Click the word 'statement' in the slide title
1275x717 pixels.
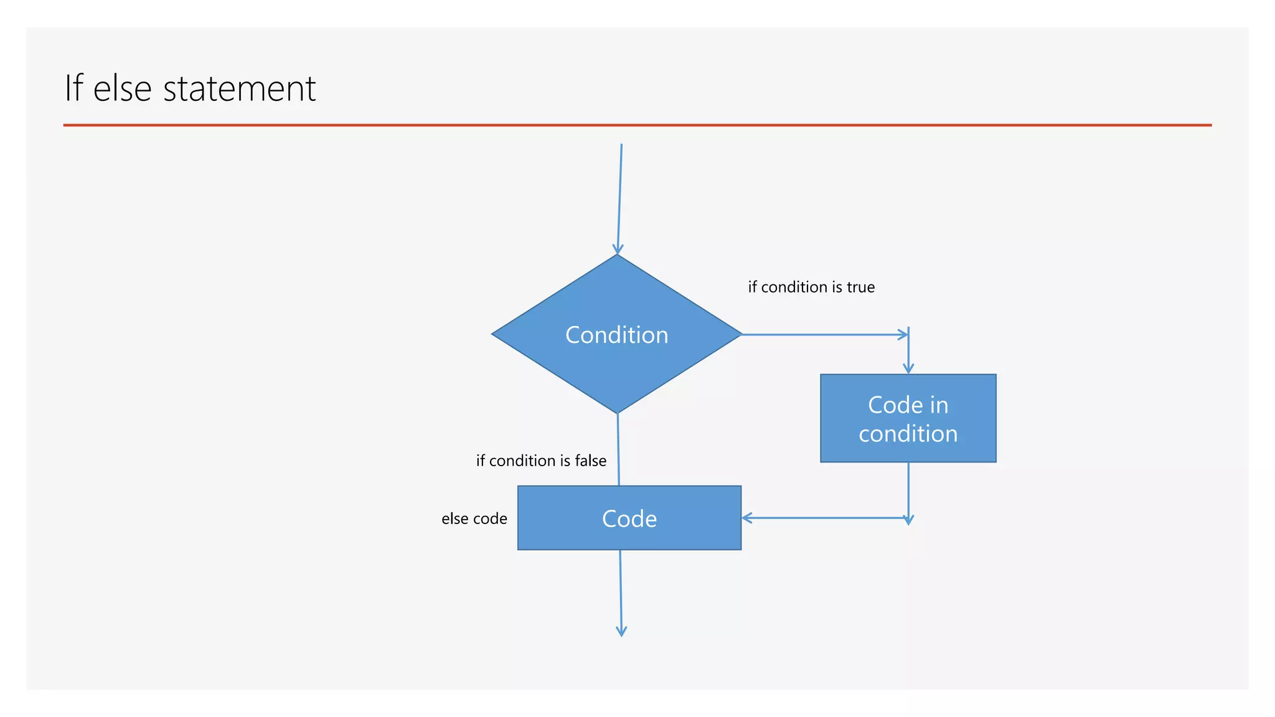[239, 88]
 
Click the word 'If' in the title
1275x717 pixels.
[73, 88]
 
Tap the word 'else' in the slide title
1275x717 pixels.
[122, 88]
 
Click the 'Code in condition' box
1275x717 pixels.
[908, 418]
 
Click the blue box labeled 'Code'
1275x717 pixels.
[629, 518]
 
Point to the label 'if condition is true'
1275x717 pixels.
[811, 287]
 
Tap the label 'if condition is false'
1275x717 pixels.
[541, 461]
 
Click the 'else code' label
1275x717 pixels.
[474, 518]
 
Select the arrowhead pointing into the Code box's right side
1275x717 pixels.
[746, 518]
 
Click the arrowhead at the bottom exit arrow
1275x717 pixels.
[621, 632]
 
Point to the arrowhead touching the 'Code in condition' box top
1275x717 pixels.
[908, 369]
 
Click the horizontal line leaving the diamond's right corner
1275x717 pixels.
[822, 334]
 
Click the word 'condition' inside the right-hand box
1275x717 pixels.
[908, 434]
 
